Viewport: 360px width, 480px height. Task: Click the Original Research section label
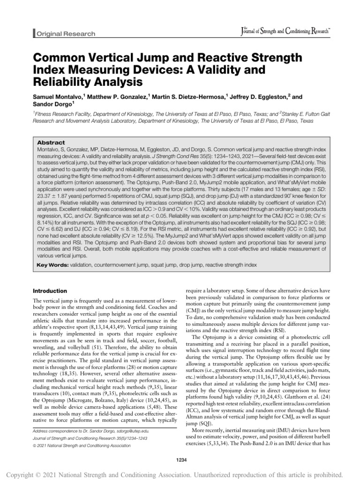[x=66, y=34]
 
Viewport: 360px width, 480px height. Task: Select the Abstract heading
[x=52, y=142]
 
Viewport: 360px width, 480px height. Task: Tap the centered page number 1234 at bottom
[x=180, y=460]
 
